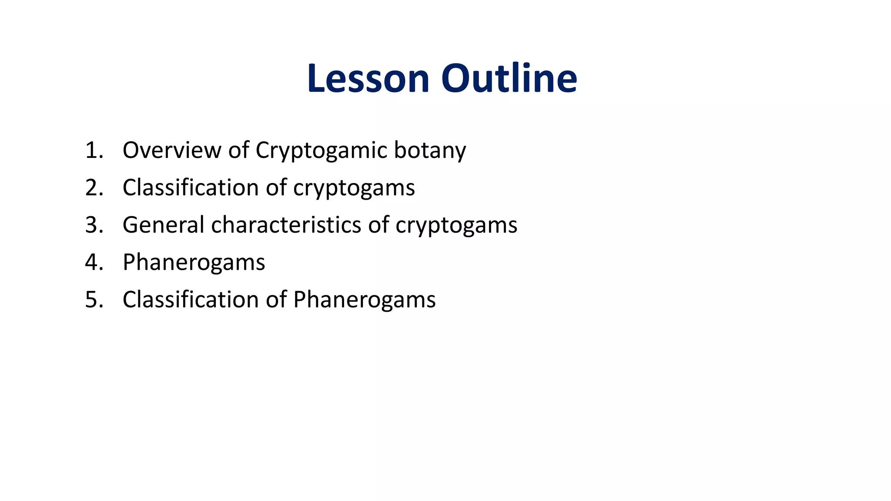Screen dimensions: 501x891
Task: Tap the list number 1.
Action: tap(94, 150)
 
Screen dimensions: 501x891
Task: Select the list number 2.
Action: tap(94, 187)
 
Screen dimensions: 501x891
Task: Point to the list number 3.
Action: tap(94, 225)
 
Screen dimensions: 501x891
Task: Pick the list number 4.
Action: tap(94, 262)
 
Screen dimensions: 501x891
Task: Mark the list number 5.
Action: tap(94, 300)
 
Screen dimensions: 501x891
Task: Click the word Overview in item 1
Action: tap(172, 150)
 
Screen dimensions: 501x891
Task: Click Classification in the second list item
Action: tap(191, 187)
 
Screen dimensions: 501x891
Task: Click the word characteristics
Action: tap(286, 225)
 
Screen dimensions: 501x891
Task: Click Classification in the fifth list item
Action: tap(191, 300)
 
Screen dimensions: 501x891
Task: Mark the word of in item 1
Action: tap(239, 150)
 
